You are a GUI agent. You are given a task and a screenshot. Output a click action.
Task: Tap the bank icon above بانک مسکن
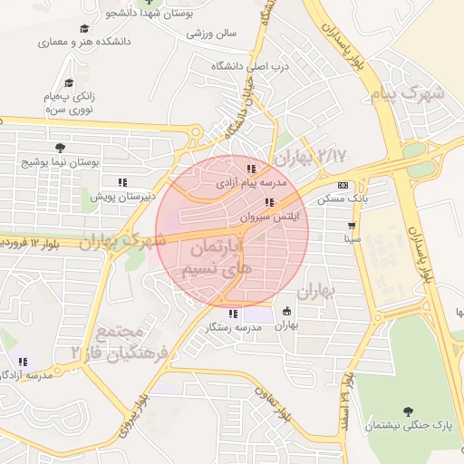[x=343, y=184]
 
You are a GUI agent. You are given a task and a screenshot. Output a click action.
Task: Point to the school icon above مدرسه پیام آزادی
[x=251, y=169]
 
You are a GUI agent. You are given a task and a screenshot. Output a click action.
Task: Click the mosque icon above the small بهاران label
[x=287, y=311]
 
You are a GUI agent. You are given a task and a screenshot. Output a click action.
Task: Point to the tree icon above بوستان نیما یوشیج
[x=59, y=148]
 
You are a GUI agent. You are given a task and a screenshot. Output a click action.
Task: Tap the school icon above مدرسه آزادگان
[x=23, y=362]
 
